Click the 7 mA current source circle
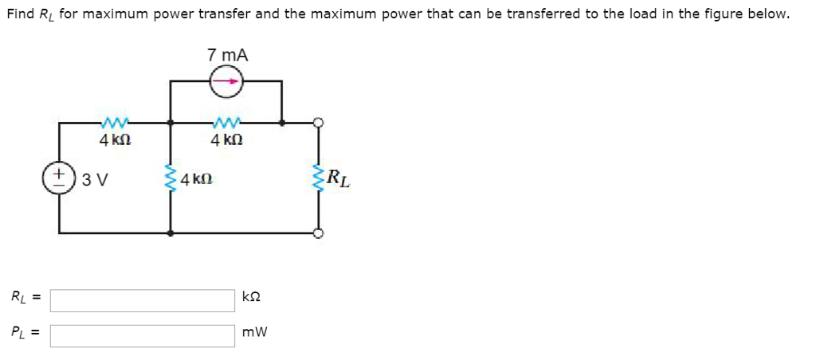(227, 82)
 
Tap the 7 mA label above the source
(227, 55)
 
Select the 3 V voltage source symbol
(59, 178)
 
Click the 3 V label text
(96, 180)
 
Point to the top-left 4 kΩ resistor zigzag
(113, 123)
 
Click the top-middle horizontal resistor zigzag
(226, 123)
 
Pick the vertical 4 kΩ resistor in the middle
(171, 178)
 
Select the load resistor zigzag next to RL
(319, 178)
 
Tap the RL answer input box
(143, 300)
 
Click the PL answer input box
(143, 335)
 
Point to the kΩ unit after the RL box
(251, 298)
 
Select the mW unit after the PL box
(255, 332)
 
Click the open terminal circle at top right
(319, 123)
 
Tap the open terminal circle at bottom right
(319, 233)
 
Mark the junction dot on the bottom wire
(171, 233)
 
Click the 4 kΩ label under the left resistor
(113, 140)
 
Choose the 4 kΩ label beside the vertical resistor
(195, 179)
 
